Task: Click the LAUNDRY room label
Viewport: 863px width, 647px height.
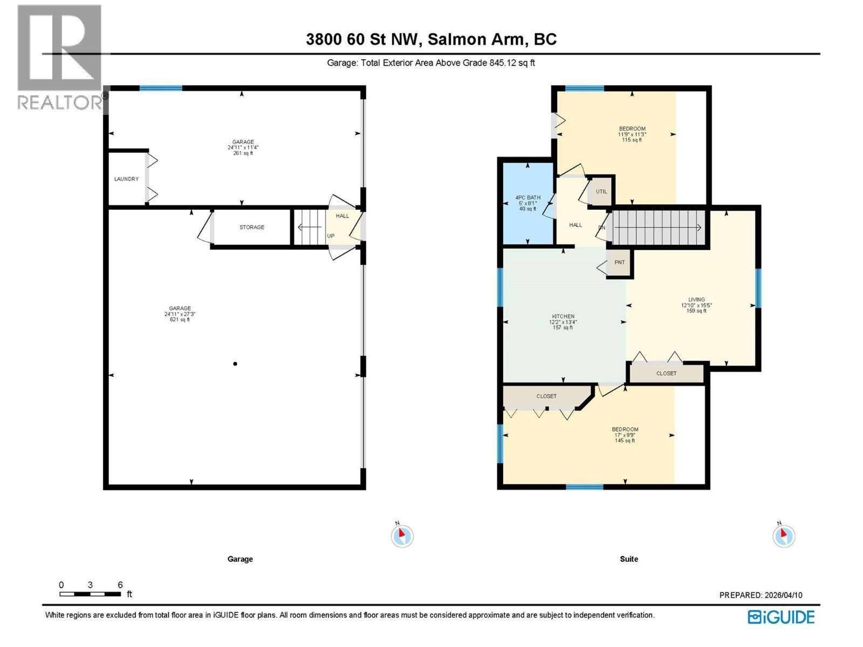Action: click(x=126, y=179)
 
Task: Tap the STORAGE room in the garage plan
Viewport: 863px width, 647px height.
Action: click(x=252, y=227)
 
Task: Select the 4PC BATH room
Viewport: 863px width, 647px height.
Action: click(x=528, y=203)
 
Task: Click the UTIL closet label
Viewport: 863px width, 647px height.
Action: click(x=601, y=191)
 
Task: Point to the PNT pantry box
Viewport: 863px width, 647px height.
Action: click(x=619, y=263)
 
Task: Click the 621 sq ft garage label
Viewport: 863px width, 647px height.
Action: click(x=180, y=314)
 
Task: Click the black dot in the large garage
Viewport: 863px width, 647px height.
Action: click(x=235, y=364)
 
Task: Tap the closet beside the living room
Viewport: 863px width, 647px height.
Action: click(x=666, y=373)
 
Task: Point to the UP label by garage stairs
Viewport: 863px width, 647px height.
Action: click(x=331, y=236)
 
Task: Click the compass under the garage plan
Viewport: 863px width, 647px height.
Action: click(x=401, y=536)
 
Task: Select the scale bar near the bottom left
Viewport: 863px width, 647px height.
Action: click(x=90, y=594)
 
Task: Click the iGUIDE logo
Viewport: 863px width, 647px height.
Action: click(x=781, y=617)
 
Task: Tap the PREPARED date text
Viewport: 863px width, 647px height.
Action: click(x=761, y=595)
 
